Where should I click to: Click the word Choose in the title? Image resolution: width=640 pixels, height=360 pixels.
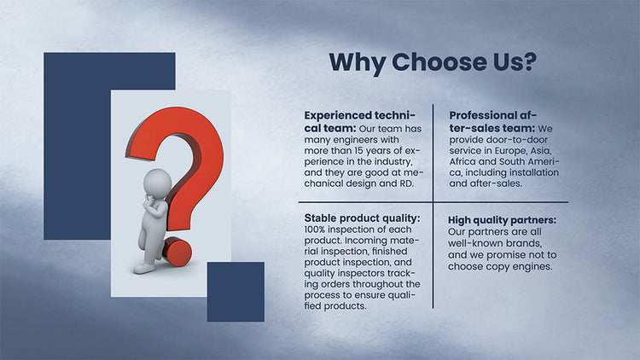pyautogui.click(x=436, y=62)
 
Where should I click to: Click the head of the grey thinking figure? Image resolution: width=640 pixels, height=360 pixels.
pyautogui.click(x=158, y=183)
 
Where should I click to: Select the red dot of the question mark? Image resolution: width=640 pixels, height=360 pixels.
pyautogui.click(x=177, y=253)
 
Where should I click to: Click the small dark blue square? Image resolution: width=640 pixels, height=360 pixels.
pyautogui.click(x=236, y=292)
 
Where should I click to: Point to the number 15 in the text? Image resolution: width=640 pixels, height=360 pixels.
pyautogui.click(x=358, y=151)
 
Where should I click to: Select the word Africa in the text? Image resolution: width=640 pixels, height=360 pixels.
pyautogui.click(x=463, y=161)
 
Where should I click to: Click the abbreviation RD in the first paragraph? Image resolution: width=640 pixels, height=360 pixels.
pyautogui.click(x=405, y=183)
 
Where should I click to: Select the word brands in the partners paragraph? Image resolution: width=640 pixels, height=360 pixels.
pyautogui.click(x=524, y=244)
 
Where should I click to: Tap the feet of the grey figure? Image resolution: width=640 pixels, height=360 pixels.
pyautogui.click(x=144, y=269)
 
